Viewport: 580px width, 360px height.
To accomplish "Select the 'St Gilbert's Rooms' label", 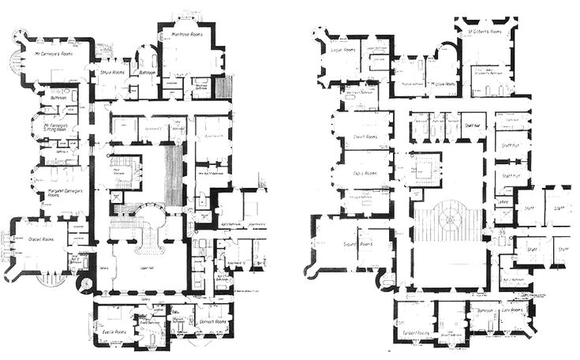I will click(484, 33).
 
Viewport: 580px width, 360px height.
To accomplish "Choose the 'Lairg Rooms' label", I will click(511, 310).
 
